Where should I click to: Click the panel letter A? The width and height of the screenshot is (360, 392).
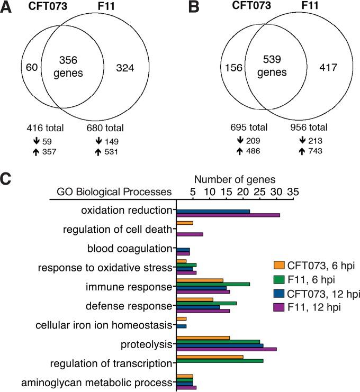[x=7, y=7]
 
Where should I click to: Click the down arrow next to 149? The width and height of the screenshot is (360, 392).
[x=98, y=141]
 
